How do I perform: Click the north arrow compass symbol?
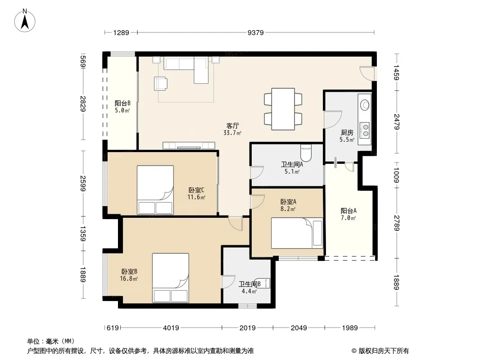coord(25,21)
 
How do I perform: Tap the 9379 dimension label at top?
coord(256,33)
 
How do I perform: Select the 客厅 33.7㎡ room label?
coord(232,129)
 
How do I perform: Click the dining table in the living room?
coord(283,109)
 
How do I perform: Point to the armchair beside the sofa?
coord(161,84)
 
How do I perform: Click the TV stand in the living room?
coord(189,145)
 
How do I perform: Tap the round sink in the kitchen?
coord(365,105)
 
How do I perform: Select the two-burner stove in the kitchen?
coord(365,130)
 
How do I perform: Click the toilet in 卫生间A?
coord(306,153)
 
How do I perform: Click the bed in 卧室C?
coord(155,190)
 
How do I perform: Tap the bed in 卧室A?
coord(297,233)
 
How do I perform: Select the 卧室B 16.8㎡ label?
coord(129,275)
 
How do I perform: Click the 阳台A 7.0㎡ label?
coord(349,214)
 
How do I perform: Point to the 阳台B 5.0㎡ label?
coord(122,107)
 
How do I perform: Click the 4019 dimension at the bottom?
coord(171,328)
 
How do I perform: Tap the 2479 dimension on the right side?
coord(397,122)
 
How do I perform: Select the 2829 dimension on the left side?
coord(83,103)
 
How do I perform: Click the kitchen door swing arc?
coord(333,120)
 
